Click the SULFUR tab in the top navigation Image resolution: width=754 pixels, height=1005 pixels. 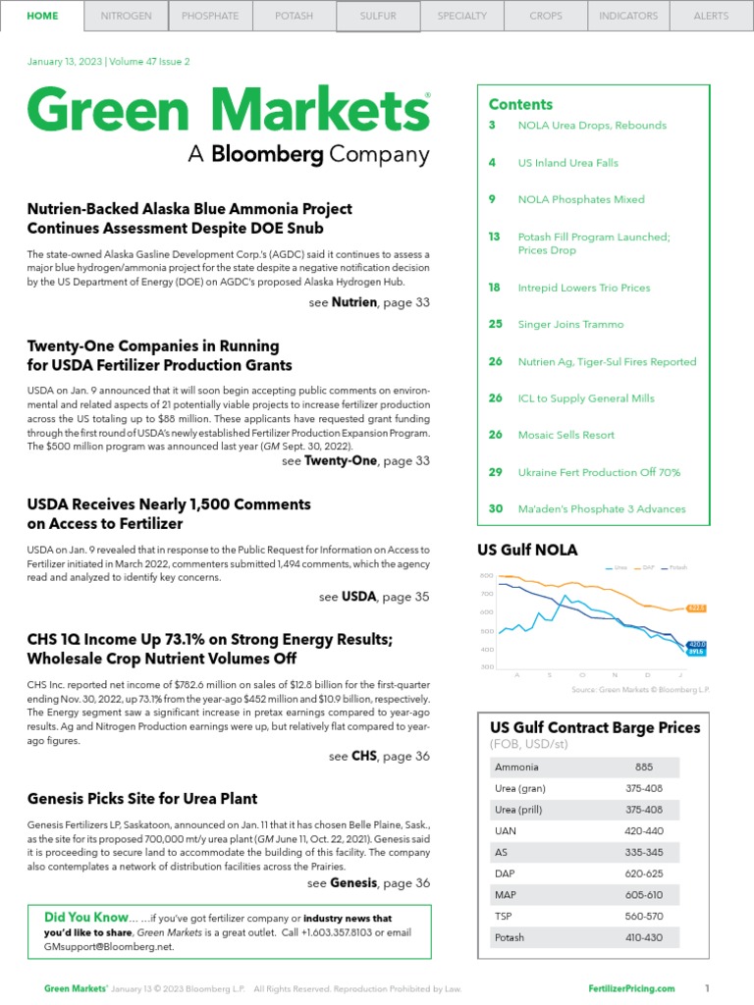[378, 16]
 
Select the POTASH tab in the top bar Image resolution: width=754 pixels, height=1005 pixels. [295, 16]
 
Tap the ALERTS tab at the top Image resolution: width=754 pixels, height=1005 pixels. [711, 16]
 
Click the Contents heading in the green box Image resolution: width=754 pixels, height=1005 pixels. [520, 104]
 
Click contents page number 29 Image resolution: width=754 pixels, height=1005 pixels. [496, 472]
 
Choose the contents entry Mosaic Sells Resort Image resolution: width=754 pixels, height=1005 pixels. [565, 435]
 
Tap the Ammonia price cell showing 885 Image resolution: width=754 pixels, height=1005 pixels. [644, 767]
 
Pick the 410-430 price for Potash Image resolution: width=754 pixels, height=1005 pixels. [644, 937]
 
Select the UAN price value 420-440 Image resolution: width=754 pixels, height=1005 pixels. [644, 830]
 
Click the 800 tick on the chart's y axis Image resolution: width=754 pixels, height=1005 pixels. [486, 575]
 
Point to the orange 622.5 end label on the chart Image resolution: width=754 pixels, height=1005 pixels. [695, 608]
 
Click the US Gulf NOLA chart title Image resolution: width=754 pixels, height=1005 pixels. [527, 550]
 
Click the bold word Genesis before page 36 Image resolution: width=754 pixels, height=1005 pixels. [353, 882]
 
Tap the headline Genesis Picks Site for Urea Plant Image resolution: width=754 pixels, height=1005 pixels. [142, 799]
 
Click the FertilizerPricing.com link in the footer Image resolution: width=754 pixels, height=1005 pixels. [631, 988]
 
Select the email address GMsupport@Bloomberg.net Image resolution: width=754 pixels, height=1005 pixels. [108, 946]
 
